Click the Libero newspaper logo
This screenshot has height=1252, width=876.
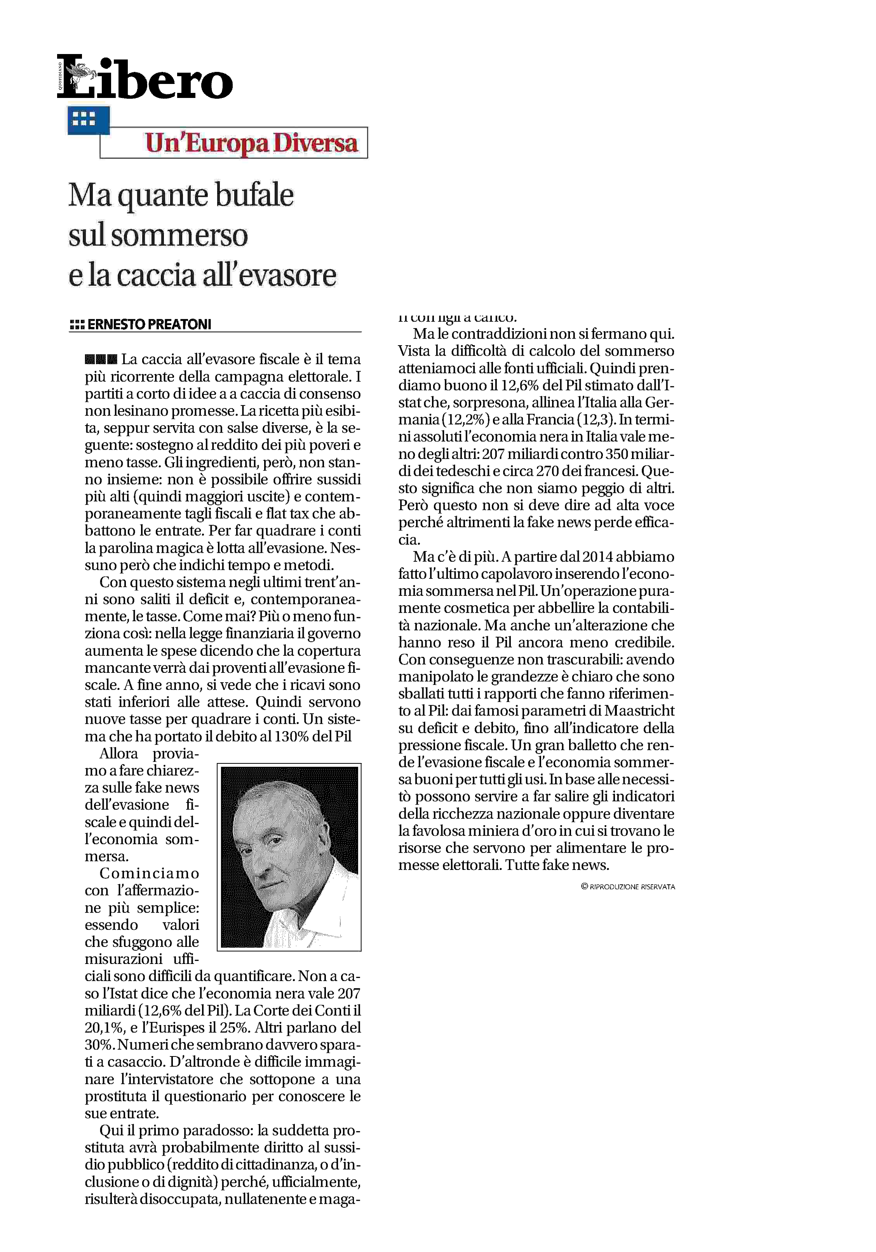point(145,77)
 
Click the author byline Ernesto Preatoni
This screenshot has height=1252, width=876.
point(149,325)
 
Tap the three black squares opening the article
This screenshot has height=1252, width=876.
point(101,359)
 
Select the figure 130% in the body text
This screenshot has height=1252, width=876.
point(292,737)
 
